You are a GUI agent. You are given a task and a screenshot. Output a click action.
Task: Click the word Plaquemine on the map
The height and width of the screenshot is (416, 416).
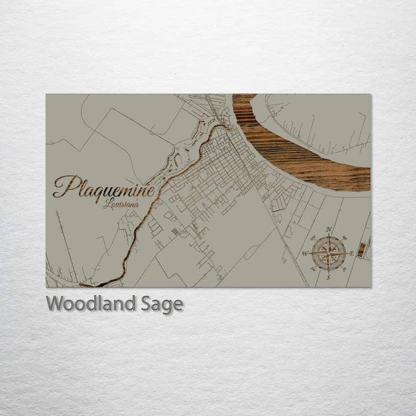[x=104, y=187]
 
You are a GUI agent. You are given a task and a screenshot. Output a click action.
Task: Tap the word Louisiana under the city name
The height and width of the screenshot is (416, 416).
[x=121, y=203]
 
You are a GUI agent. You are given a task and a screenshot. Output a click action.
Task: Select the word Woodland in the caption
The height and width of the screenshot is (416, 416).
[x=91, y=303]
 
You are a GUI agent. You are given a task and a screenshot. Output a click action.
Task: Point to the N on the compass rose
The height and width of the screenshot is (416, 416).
[x=329, y=229]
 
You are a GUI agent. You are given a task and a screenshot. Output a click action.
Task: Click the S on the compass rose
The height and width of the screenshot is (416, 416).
[x=329, y=277]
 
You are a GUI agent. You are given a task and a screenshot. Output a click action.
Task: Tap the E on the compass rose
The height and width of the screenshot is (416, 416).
[x=352, y=253]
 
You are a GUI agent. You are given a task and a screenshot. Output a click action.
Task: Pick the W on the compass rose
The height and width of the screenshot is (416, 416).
[x=304, y=253]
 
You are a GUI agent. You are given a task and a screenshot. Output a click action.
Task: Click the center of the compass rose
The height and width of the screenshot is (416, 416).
[x=329, y=253]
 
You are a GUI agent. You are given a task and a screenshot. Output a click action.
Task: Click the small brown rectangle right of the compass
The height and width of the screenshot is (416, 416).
[x=361, y=250]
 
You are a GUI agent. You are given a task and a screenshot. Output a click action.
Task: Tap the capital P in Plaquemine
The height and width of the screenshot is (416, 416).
[x=63, y=186]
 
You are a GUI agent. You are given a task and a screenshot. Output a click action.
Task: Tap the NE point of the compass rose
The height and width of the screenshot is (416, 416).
[x=344, y=237]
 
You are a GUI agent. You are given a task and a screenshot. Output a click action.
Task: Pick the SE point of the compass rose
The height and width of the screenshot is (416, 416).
[x=344, y=269]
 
